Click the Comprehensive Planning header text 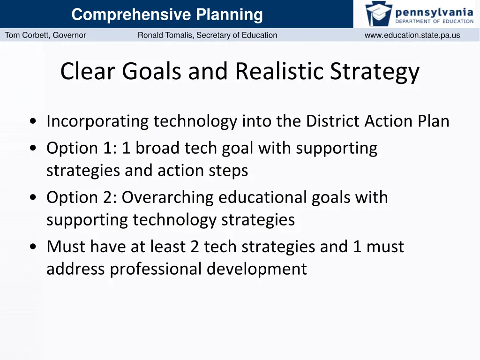click(x=167, y=15)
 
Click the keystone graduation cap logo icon click(x=378, y=14)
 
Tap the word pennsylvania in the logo click(x=434, y=11)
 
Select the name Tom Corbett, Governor click(x=45, y=35)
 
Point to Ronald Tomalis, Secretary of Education click(x=207, y=35)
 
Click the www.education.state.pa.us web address click(x=412, y=35)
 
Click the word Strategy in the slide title click(x=375, y=72)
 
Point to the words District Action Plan click(x=377, y=121)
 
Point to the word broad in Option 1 click(x=157, y=148)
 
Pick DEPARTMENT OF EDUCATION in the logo click(x=434, y=21)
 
